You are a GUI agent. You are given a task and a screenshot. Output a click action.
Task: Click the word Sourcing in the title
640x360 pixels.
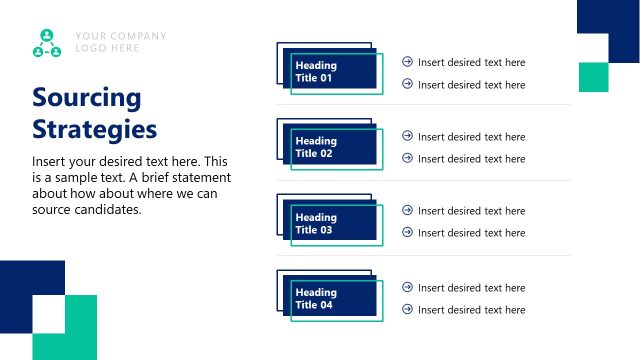86,98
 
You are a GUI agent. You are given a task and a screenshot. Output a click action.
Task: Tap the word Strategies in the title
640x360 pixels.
94,129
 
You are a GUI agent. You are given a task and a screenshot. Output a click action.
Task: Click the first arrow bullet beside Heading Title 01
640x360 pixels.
407,62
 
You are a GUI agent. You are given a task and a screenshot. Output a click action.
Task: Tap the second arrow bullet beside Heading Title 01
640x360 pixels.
407,84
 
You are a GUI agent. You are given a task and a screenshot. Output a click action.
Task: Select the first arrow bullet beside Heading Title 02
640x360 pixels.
407,136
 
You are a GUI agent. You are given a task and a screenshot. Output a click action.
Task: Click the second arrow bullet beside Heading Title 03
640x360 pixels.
407,232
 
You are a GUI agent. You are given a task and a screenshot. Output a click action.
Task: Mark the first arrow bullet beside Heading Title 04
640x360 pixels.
407,287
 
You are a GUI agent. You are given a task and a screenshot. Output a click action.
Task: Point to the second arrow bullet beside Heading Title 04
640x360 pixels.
407,309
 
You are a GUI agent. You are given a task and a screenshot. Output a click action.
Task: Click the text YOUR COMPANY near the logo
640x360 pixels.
121,37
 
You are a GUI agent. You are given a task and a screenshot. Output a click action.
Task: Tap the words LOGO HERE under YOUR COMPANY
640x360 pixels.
108,48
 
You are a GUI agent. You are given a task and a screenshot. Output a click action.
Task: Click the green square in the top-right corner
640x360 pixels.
593,77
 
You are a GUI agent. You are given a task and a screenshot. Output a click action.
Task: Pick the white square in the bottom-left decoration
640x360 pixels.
48,316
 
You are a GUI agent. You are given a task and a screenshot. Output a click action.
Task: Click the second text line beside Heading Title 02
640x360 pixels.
471,158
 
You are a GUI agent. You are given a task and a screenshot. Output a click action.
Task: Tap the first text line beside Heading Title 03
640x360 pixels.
471,210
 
